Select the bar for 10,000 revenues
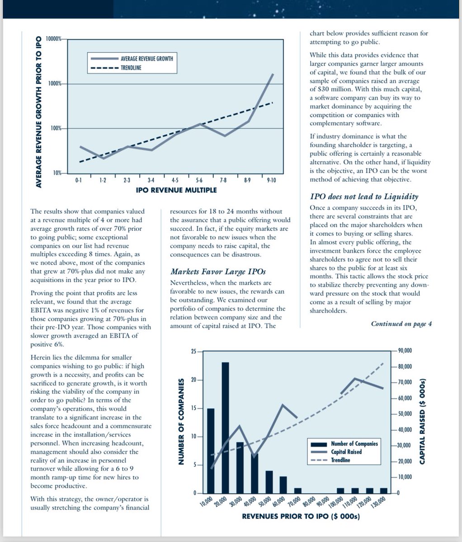(x=211, y=451)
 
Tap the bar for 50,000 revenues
(x=269, y=482)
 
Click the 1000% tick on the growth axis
(x=55, y=84)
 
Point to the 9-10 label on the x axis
(x=271, y=180)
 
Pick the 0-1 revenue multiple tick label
(x=79, y=180)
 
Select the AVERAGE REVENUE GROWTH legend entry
(x=132, y=58)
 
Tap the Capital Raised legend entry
(x=336, y=452)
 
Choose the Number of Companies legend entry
(x=344, y=444)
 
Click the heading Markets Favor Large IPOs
(x=218, y=271)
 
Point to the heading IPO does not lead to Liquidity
(x=364, y=196)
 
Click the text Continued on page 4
(x=401, y=324)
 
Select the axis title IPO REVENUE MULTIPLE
(x=176, y=190)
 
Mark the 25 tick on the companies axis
(x=194, y=351)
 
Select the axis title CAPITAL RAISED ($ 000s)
(x=422, y=421)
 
